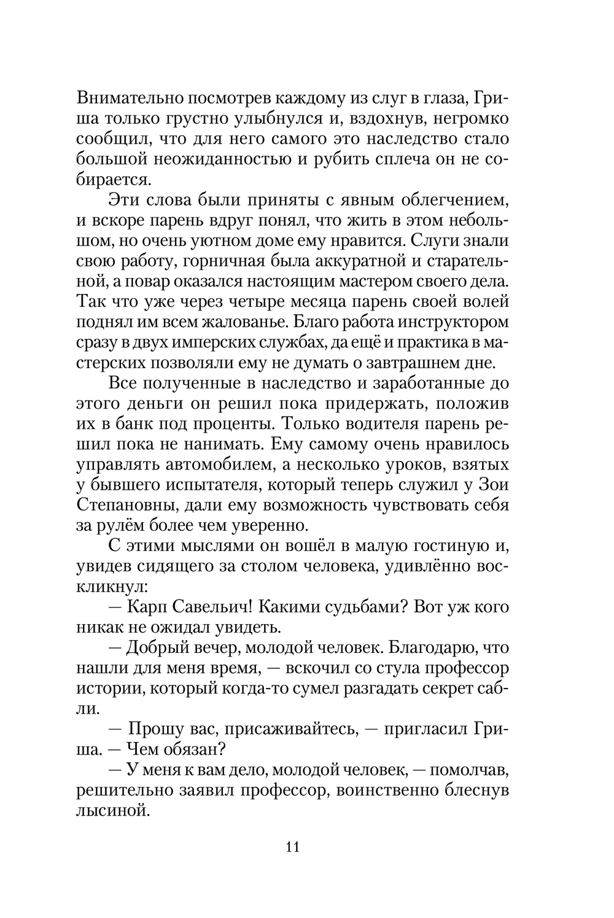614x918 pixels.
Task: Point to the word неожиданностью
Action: pyautogui.click(x=227, y=160)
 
